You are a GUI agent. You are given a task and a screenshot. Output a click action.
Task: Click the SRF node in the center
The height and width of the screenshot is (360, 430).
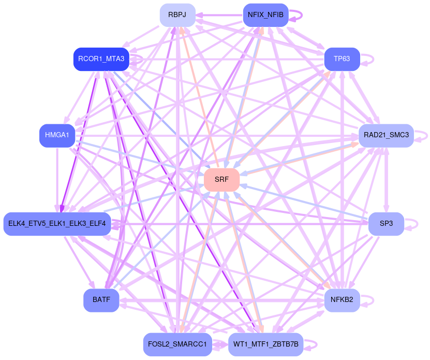[221, 180]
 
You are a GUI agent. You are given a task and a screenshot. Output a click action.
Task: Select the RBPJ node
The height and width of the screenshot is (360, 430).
[177, 15]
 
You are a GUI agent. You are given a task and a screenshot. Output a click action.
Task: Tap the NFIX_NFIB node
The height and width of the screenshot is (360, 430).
[265, 15]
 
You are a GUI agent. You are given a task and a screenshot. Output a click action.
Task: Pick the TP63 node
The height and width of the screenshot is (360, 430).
[342, 59]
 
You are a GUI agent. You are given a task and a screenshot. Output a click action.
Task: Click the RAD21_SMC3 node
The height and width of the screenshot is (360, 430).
[386, 135]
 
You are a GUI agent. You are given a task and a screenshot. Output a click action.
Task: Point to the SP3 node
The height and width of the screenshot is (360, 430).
[386, 224]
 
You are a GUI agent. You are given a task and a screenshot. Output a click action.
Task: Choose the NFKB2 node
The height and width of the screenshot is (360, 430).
[342, 299]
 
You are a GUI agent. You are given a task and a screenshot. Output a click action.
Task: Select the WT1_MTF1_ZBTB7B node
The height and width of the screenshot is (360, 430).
[265, 344]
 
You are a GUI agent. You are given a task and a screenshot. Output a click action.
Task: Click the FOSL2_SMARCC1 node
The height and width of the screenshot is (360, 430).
[177, 344]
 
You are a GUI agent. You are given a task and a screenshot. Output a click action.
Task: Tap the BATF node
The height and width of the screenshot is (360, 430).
[101, 299]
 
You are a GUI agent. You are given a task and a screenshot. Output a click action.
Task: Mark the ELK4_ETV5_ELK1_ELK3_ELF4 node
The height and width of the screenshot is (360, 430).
[57, 224]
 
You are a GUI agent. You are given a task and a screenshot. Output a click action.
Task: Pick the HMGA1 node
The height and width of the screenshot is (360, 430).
[57, 135]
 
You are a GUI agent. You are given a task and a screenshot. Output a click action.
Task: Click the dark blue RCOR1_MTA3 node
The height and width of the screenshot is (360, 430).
[101, 59]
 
